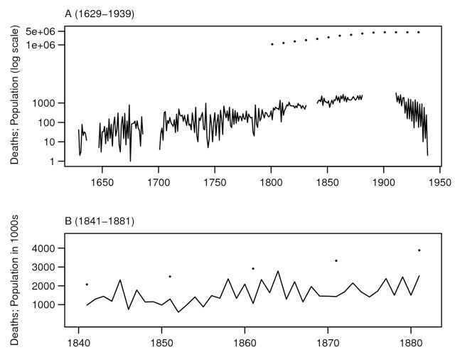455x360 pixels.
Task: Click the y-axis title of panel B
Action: click(14, 283)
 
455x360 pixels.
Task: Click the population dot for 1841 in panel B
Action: click(87, 285)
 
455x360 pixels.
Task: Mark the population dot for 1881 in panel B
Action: click(419, 250)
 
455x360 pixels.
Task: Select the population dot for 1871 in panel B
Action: click(336, 260)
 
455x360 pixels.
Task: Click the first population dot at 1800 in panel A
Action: click(272, 44)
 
